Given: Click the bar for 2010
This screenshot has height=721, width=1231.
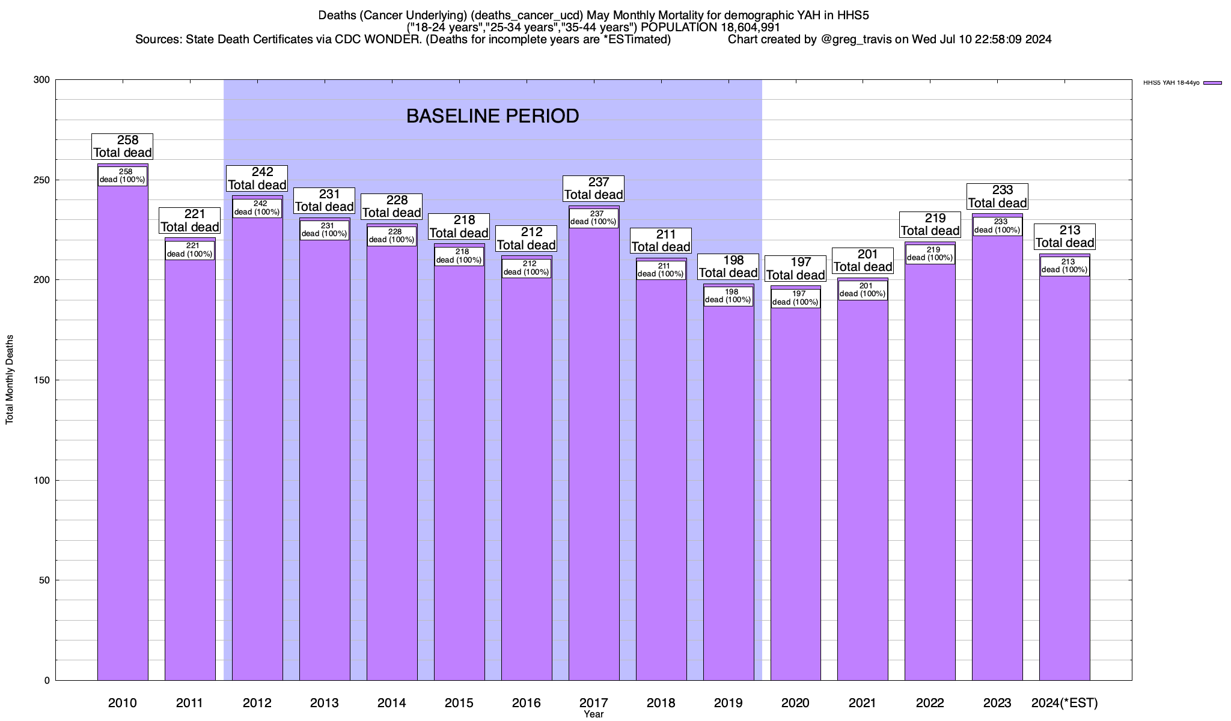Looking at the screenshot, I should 123,433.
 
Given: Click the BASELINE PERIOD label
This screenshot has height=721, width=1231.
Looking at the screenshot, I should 492,116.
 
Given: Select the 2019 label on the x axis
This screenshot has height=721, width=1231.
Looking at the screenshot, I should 728,703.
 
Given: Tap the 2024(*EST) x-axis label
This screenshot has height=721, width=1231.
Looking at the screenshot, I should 1065,703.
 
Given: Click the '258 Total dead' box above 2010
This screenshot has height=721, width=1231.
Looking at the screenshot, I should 123,147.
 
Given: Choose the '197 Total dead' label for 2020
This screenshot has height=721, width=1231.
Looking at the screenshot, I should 795,269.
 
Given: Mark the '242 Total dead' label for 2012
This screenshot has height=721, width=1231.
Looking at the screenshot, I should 257,178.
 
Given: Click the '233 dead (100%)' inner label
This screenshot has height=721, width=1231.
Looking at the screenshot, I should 997,226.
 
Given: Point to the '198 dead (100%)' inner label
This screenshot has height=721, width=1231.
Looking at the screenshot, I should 728,296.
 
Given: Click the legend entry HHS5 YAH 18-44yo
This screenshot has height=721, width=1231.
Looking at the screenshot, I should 1178,83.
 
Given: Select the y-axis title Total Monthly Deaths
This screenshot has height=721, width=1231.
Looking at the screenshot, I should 10,380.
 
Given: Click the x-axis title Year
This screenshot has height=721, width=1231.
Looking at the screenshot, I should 594,714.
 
